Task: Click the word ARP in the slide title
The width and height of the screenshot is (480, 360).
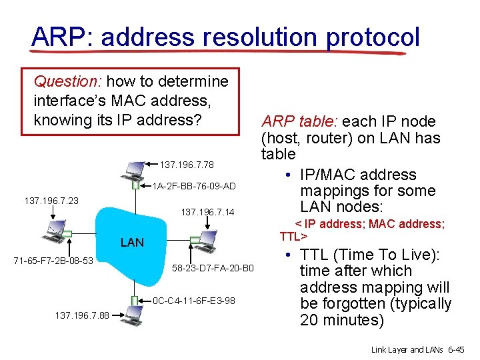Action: (x=54, y=37)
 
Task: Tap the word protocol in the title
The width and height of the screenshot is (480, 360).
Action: (x=373, y=37)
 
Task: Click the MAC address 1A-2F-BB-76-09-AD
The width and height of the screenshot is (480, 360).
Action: (x=194, y=186)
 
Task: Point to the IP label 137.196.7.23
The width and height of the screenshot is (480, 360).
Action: (x=51, y=199)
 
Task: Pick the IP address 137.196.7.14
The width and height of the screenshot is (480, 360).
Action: (x=208, y=213)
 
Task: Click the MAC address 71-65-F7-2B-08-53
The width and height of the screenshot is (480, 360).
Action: (x=53, y=259)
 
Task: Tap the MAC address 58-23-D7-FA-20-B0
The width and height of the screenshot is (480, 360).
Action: (x=213, y=269)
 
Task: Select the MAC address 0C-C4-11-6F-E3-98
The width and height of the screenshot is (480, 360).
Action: (x=193, y=301)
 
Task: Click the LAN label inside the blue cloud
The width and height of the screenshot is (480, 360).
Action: (x=132, y=243)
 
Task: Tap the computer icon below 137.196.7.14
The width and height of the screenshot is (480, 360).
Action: (x=203, y=239)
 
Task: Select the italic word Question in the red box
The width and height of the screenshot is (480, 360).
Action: (x=67, y=82)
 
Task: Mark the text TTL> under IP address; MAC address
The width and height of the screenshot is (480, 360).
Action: (x=293, y=237)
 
